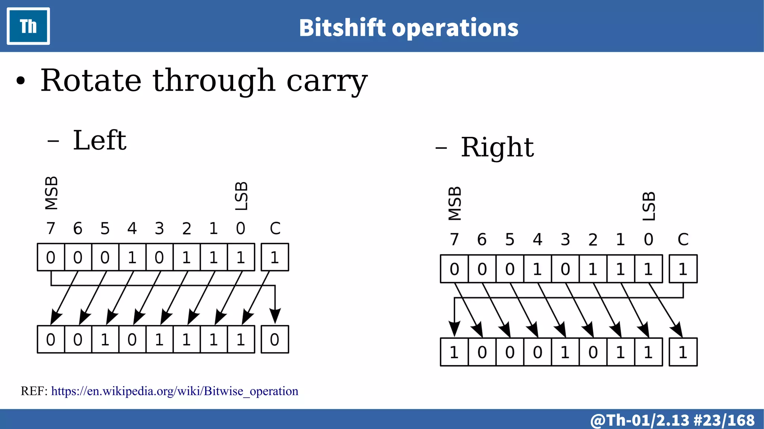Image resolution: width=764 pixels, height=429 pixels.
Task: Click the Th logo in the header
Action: (28, 26)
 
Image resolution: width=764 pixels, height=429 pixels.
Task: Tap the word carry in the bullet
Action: (327, 81)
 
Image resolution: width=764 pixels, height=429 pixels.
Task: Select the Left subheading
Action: (100, 141)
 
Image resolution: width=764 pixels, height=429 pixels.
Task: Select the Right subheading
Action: (497, 147)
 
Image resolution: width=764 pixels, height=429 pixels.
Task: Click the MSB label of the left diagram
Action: (51, 193)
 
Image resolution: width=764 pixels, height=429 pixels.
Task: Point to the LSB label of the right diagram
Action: (649, 206)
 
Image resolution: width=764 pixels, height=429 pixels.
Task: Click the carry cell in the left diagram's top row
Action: (275, 257)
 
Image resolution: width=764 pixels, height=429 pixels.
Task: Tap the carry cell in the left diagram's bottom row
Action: (275, 339)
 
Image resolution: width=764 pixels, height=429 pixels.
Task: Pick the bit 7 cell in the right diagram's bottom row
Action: (454, 352)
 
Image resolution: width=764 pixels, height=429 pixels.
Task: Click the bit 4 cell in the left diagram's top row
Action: (132, 257)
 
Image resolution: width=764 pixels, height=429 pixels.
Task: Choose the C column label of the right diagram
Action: (683, 239)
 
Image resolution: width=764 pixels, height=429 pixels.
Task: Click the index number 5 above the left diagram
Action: (105, 228)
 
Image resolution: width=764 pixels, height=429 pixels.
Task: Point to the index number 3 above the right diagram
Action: (565, 239)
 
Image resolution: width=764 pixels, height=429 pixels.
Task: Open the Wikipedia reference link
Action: (175, 391)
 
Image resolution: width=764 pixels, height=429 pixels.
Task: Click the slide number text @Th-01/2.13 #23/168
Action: (672, 420)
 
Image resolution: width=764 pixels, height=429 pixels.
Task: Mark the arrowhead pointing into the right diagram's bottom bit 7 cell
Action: (454, 329)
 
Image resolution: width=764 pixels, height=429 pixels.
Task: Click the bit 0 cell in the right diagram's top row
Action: (648, 269)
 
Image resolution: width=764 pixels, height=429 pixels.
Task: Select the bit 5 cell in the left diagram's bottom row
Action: (105, 339)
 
